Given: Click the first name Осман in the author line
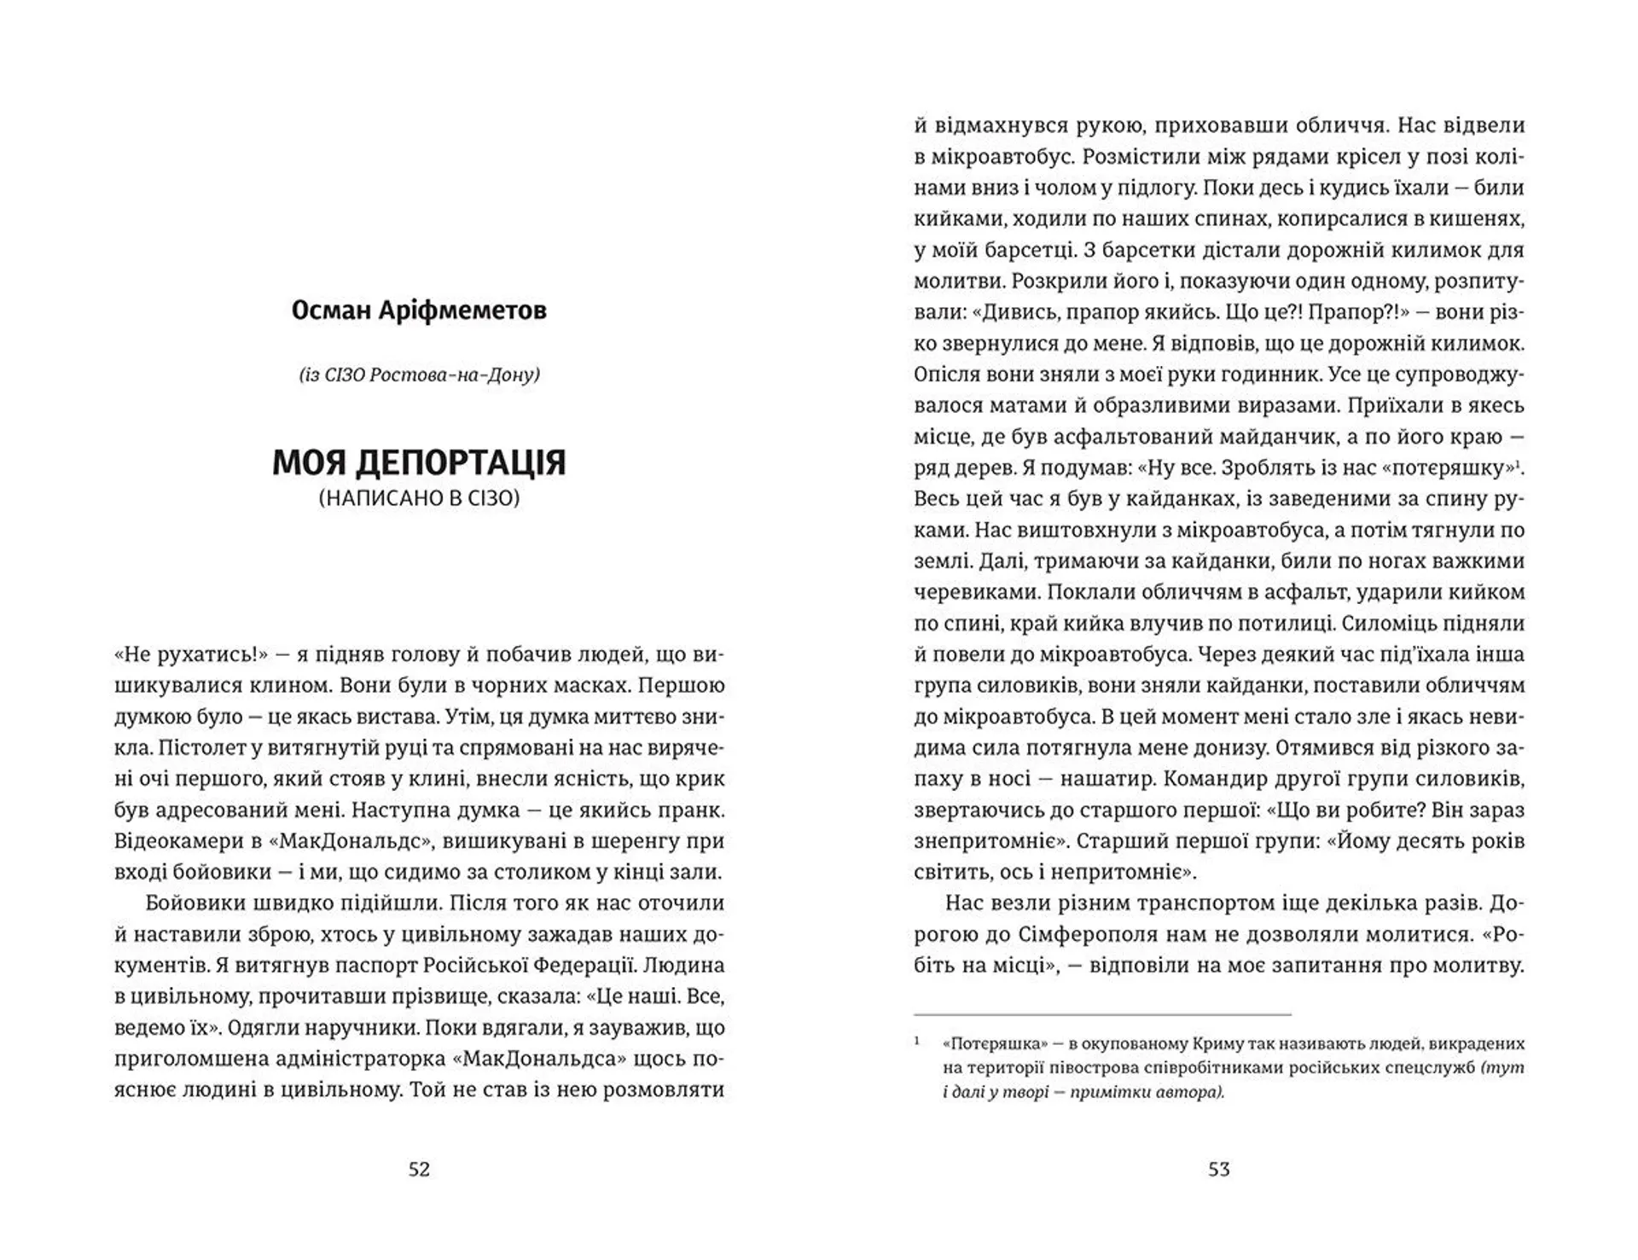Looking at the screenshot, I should click(328, 311).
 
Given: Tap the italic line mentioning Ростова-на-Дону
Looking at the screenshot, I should click(419, 375).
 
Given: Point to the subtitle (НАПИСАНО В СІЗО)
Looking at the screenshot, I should click(419, 498).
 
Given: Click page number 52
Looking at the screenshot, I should click(419, 1170).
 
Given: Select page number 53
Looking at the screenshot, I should click(1218, 1170).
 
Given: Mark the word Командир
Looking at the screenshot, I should click(1215, 779).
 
